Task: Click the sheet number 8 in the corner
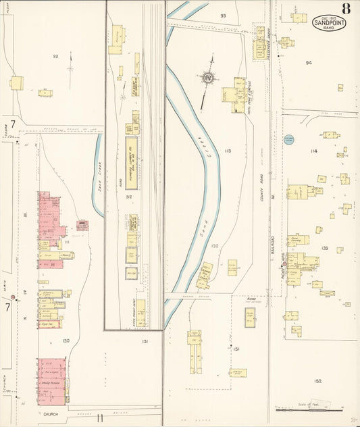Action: [x=345, y=9]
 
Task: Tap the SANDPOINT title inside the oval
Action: [x=329, y=22]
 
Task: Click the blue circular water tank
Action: [x=288, y=139]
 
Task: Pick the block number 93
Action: [x=223, y=15]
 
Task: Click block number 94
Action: [x=309, y=63]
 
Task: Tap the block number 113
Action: [x=228, y=151]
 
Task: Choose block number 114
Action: [x=313, y=151]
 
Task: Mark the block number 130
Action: [x=66, y=341]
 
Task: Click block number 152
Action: [x=317, y=381]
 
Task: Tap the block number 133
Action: [x=324, y=249]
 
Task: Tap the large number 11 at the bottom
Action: [x=99, y=418]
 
